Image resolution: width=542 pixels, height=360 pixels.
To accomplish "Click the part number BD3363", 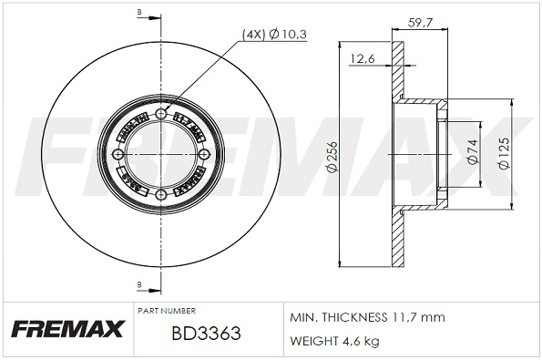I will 206,334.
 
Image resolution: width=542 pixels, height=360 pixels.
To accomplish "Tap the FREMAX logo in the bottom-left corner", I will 65,327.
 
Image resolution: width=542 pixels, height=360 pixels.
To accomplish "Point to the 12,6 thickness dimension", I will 363,60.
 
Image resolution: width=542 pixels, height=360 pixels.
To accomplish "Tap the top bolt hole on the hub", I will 161,114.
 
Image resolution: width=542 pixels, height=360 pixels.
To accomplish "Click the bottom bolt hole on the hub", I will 161,194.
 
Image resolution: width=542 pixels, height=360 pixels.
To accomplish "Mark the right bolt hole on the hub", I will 201,154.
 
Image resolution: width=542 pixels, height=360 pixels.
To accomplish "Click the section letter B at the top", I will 138,11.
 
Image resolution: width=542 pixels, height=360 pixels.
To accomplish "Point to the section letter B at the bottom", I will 138,285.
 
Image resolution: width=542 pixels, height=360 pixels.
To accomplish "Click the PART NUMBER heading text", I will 167,311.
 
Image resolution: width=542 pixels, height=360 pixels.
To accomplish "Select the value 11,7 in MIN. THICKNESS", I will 404,317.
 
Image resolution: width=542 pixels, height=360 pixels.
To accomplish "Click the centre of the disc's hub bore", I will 161,154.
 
